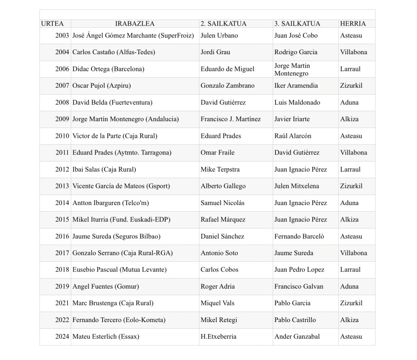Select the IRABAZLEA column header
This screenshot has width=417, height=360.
pyautogui.click(x=135, y=24)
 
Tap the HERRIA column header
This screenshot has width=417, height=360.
pyautogui.click(x=353, y=24)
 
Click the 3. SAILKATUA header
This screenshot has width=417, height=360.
pyautogui.click(x=297, y=24)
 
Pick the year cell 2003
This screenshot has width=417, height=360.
pyautogui.click(x=62, y=35)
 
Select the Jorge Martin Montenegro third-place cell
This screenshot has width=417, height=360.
pyautogui.click(x=292, y=69)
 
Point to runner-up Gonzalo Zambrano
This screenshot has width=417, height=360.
pyautogui.click(x=227, y=86)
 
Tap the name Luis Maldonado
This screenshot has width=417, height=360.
pyautogui.click(x=297, y=102)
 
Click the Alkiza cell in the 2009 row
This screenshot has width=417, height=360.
pyautogui.click(x=349, y=119)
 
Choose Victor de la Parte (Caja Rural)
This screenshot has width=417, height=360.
pyautogui.click(x=115, y=136)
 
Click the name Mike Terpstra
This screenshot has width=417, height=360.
pyautogui.click(x=220, y=169)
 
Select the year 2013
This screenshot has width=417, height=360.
pyautogui.click(x=62, y=186)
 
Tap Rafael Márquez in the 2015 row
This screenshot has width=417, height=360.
pyautogui.click(x=223, y=219)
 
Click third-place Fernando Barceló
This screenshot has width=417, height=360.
pyautogui.click(x=299, y=236)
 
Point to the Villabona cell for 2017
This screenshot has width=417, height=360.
pyautogui.click(x=353, y=253)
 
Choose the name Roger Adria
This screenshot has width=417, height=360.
pyautogui.click(x=217, y=286)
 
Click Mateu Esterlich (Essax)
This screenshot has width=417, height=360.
pyautogui.click(x=106, y=336)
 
